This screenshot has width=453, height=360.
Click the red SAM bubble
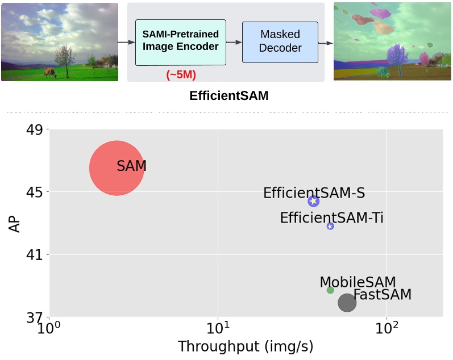click(117, 168)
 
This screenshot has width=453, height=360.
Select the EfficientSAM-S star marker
click(313, 201)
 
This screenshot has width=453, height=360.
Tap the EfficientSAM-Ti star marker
click(330, 226)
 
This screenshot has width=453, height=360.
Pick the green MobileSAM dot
click(330, 290)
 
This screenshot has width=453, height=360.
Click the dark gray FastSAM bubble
click(347, 303)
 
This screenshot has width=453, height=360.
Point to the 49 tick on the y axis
click(35, 130)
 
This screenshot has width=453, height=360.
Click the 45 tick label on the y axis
click(35, 192)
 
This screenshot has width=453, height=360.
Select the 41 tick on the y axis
click(35, 255)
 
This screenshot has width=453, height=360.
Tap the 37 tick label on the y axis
click(35, 317)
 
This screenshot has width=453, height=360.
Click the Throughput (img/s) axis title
click(246, 346)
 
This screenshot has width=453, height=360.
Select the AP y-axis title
click(15, 223)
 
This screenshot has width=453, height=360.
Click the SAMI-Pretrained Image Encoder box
click(180, 43)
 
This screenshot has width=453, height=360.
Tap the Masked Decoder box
click(280, 43)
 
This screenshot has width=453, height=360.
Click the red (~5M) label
click(181, 74)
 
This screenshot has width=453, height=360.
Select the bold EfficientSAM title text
click(228, 96)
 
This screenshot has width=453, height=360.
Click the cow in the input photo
click(49, 73)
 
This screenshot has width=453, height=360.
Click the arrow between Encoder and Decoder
click(234, 43)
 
